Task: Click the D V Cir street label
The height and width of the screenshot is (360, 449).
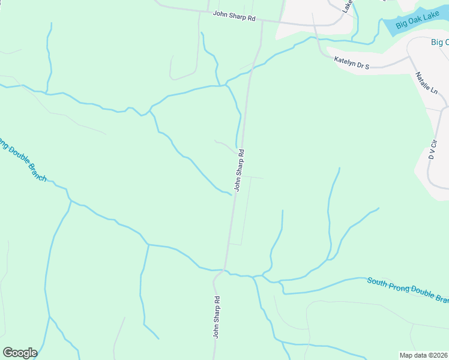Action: [x=432, y=149]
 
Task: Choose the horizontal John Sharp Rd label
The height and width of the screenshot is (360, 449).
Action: [x=234, y=16]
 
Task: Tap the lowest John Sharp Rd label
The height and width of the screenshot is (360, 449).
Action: [x=216, y=316]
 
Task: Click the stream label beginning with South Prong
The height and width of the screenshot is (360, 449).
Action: [x=408, y=289]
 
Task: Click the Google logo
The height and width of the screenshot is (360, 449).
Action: [x=20, y=353]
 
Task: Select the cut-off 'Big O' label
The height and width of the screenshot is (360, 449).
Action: [x=439, y=42]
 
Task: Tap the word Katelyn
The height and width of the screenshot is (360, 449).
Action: [x=345, y=59]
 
